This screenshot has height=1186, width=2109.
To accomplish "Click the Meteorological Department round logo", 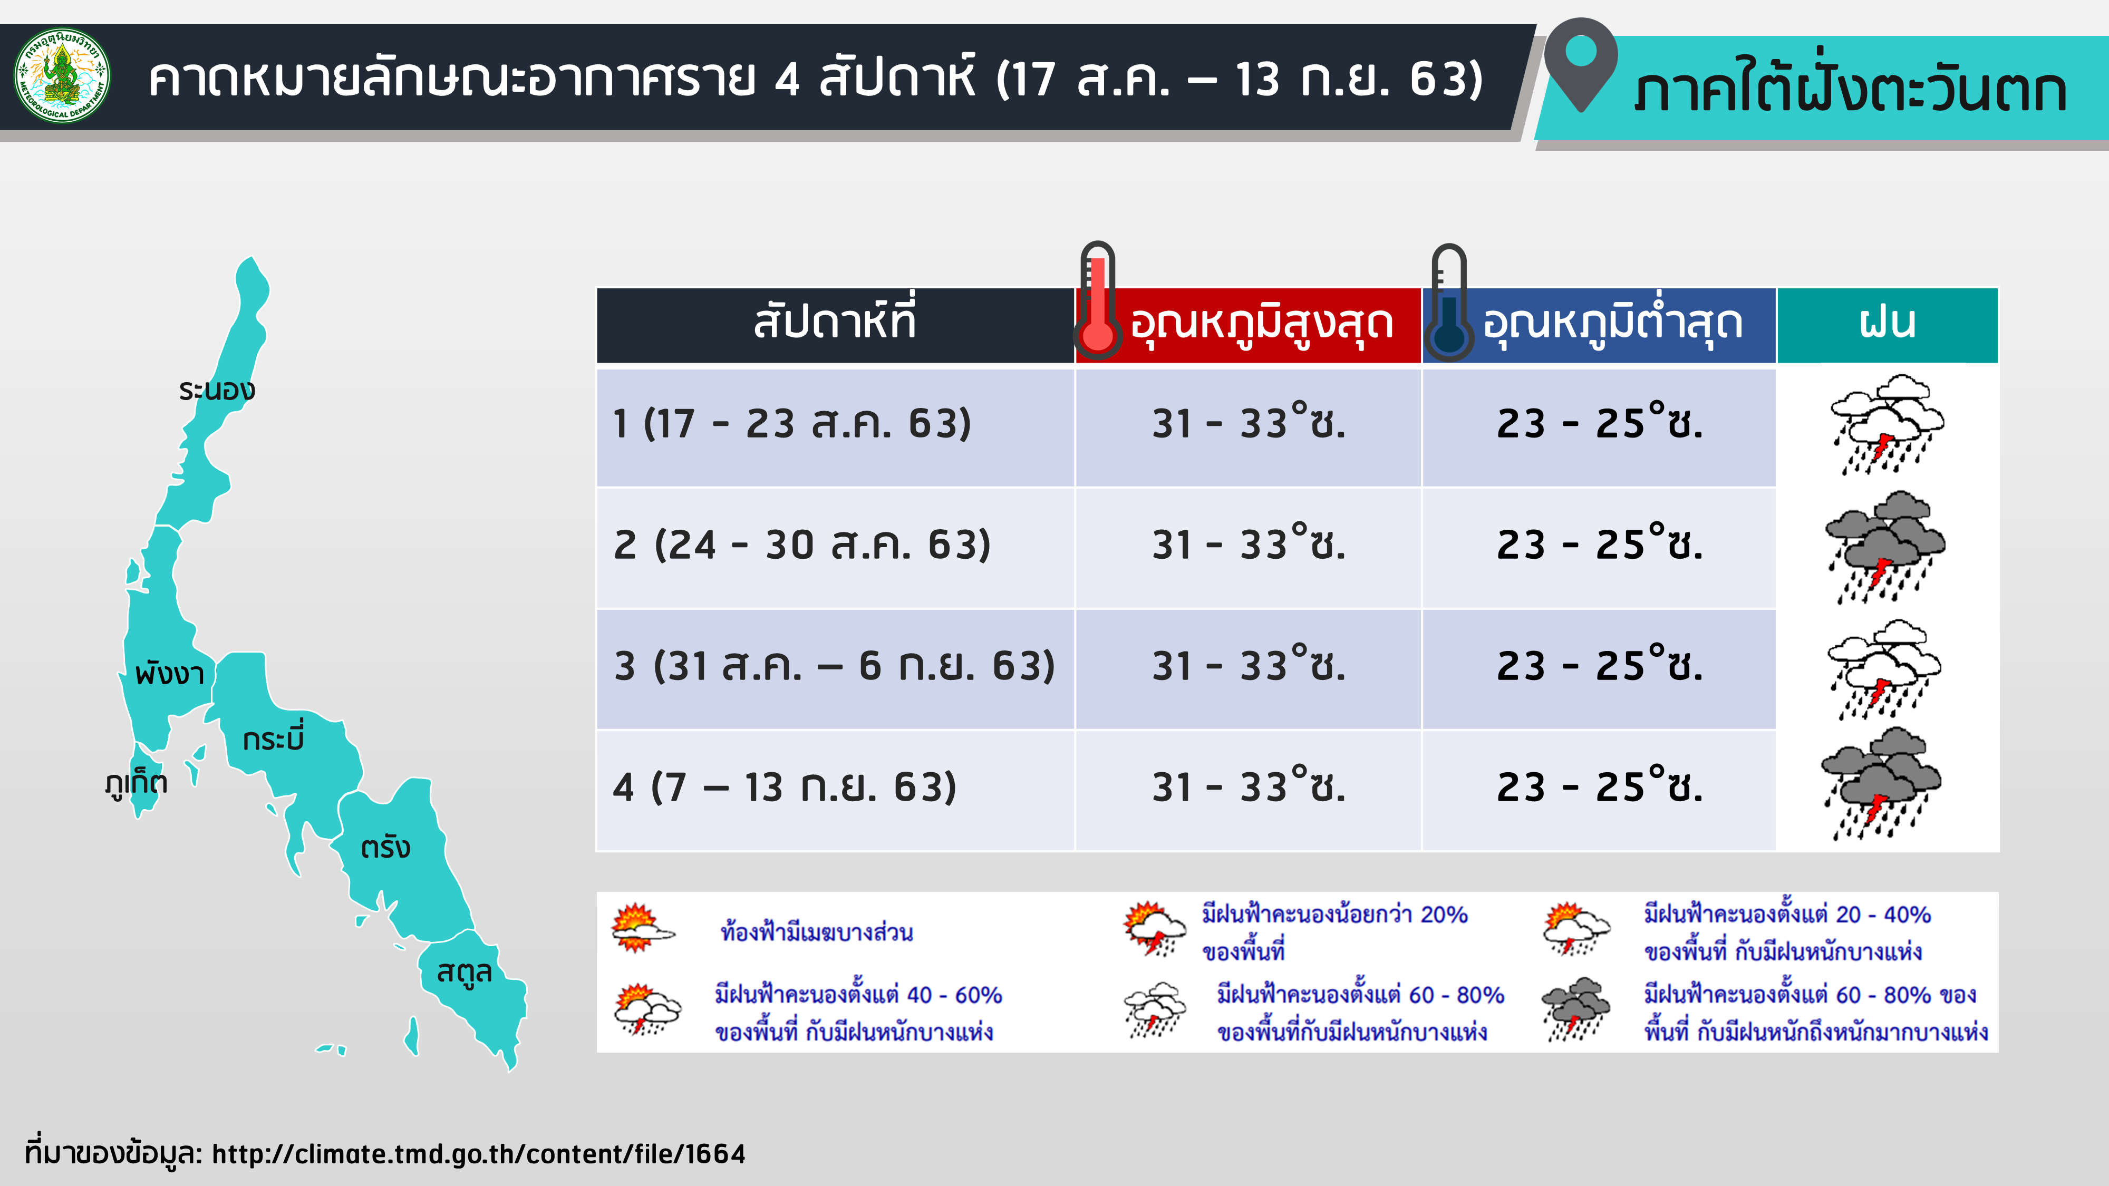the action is point(62,75).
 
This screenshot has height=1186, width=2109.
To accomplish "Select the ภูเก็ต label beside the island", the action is point(136,782).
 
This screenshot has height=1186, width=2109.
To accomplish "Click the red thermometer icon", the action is point(1098,300).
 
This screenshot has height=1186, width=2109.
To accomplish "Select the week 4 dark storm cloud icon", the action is point(1881,785).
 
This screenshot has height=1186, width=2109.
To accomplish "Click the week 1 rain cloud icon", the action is point(1887,424).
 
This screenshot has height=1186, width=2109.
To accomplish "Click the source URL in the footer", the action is point(479,1153).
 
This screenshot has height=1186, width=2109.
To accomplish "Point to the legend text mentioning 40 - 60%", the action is point(857,1013).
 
